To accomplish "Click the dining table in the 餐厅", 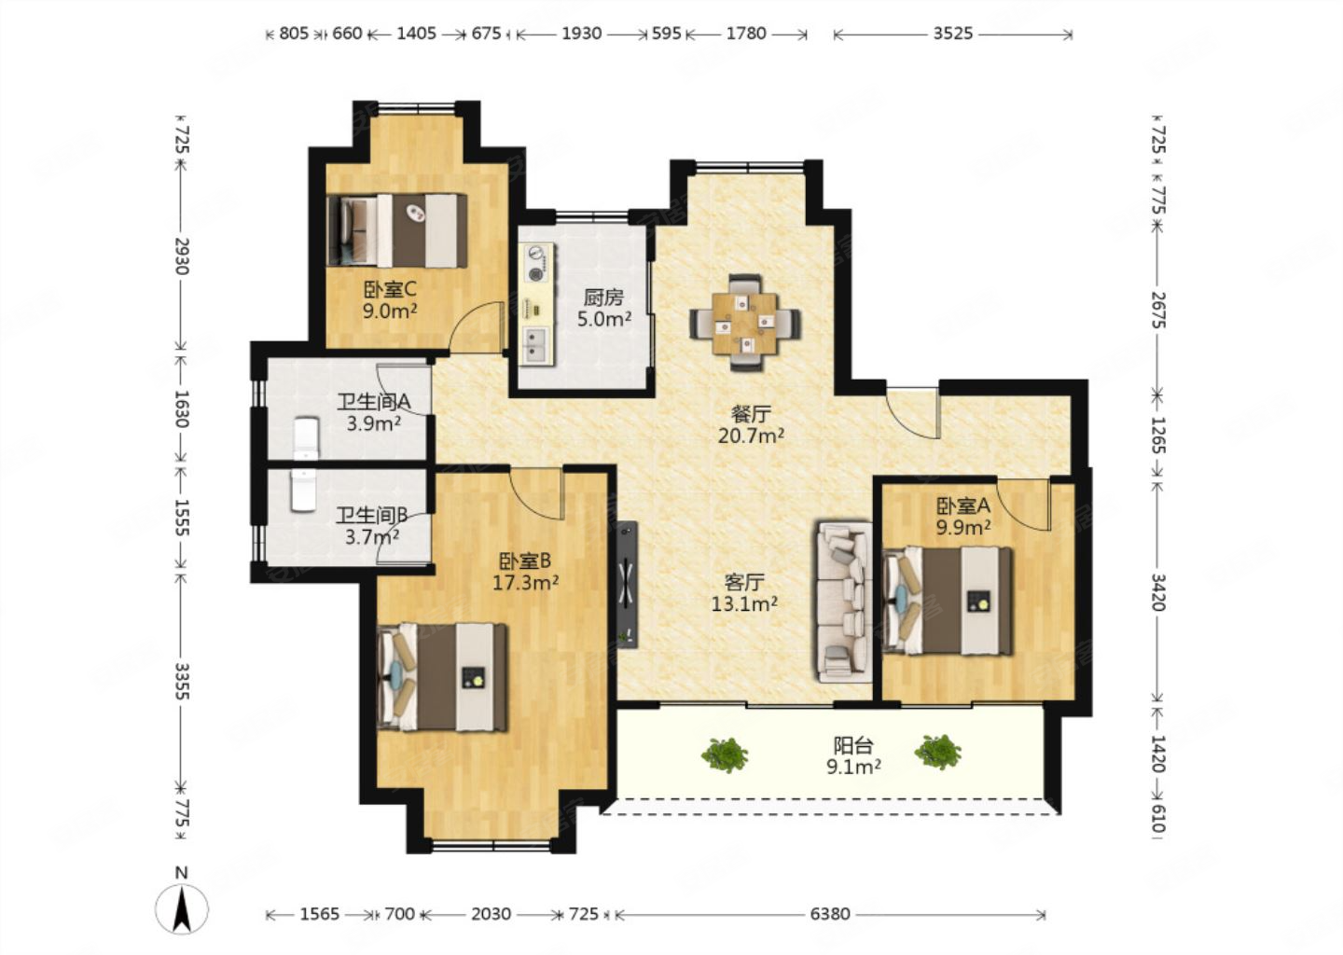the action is coord(745,323).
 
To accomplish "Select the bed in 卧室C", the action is coord(397,230).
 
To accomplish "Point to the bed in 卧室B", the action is coord(442,677).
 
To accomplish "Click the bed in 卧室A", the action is coord(948,601).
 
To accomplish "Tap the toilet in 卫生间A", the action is coord(306,439).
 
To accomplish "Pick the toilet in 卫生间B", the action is coord(303,491).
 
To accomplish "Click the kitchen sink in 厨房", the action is coord(535,345).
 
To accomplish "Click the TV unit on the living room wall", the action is coord(627,585).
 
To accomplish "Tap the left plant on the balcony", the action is coord(725,754).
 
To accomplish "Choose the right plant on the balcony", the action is coord(938,752).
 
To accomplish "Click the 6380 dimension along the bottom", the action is coord(830,914).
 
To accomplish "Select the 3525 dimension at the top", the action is coord(953,34).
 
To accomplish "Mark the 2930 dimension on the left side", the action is coord(182,256).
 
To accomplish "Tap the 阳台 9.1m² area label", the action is coord(853,755).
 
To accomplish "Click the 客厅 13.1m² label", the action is coord(744,592).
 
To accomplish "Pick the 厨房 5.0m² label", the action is coord(603,308).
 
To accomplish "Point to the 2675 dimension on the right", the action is coord(1157,310).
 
